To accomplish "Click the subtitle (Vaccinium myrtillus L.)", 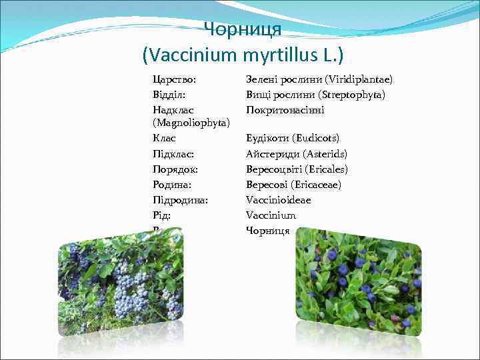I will (243, 53).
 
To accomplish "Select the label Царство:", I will (174, 79).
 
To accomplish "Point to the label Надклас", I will (172, 109).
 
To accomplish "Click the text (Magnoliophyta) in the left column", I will (191, 124).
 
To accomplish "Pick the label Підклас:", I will (173, 154).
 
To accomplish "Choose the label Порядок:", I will (175, 169).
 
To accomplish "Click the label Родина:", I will (172, 185).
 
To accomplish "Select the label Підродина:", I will (179, 200).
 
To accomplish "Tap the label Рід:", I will (161, 215).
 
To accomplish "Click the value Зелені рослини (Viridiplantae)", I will (319, 79).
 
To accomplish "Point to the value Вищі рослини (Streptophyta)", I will (315, 94).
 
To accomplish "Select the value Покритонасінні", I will (285, 109).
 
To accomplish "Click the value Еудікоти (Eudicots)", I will (293, 139).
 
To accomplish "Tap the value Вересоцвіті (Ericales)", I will (297, 169).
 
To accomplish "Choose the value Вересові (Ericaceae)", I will (293, 185).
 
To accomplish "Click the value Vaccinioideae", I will (278, 200).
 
